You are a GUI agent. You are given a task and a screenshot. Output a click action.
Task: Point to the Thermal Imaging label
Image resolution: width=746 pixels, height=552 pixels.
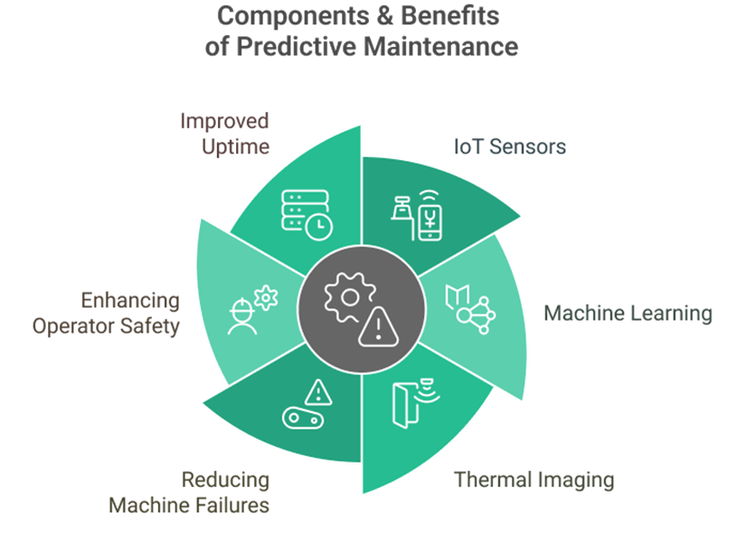pos(534,479)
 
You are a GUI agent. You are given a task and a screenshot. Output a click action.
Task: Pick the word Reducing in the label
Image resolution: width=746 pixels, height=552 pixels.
pos(225,480)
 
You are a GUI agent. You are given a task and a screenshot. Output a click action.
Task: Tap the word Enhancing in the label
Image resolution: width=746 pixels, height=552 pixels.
pos(130,301)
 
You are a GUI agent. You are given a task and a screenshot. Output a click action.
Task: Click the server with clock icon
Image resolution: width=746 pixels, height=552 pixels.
pos(307,214)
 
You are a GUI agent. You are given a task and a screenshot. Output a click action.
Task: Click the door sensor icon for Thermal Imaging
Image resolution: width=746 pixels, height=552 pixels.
pos(409,404)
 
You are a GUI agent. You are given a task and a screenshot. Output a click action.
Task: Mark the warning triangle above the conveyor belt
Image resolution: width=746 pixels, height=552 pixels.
pos(317,392)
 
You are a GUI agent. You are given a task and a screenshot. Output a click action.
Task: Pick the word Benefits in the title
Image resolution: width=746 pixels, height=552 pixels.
pos(448,16)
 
